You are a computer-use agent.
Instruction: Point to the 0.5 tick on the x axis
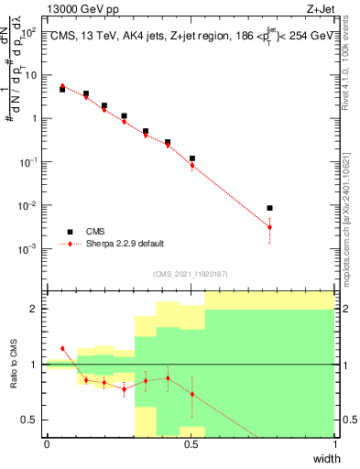pyautogui.click(x=191, y=444)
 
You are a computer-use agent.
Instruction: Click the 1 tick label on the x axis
pyautogui.click(x=335, y=444)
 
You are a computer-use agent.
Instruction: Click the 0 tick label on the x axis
pyautogui.click(x=47, y=444)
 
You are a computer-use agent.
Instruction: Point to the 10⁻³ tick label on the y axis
pyautogui.click(x=29, y=248)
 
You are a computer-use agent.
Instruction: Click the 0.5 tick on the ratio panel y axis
pyautogui.click(x=29, y=420)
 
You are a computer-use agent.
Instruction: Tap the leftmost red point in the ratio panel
pyautogui.click(x=62, y=348)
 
